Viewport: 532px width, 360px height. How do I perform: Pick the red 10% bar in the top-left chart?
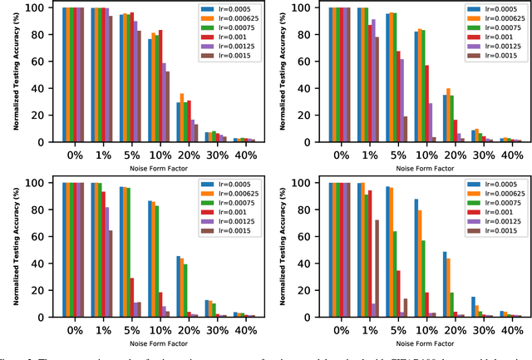tap(160, 86)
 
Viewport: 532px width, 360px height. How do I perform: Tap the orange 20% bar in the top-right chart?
tap(449, 115)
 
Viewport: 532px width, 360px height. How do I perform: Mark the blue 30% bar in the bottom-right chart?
tap(473, 307)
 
